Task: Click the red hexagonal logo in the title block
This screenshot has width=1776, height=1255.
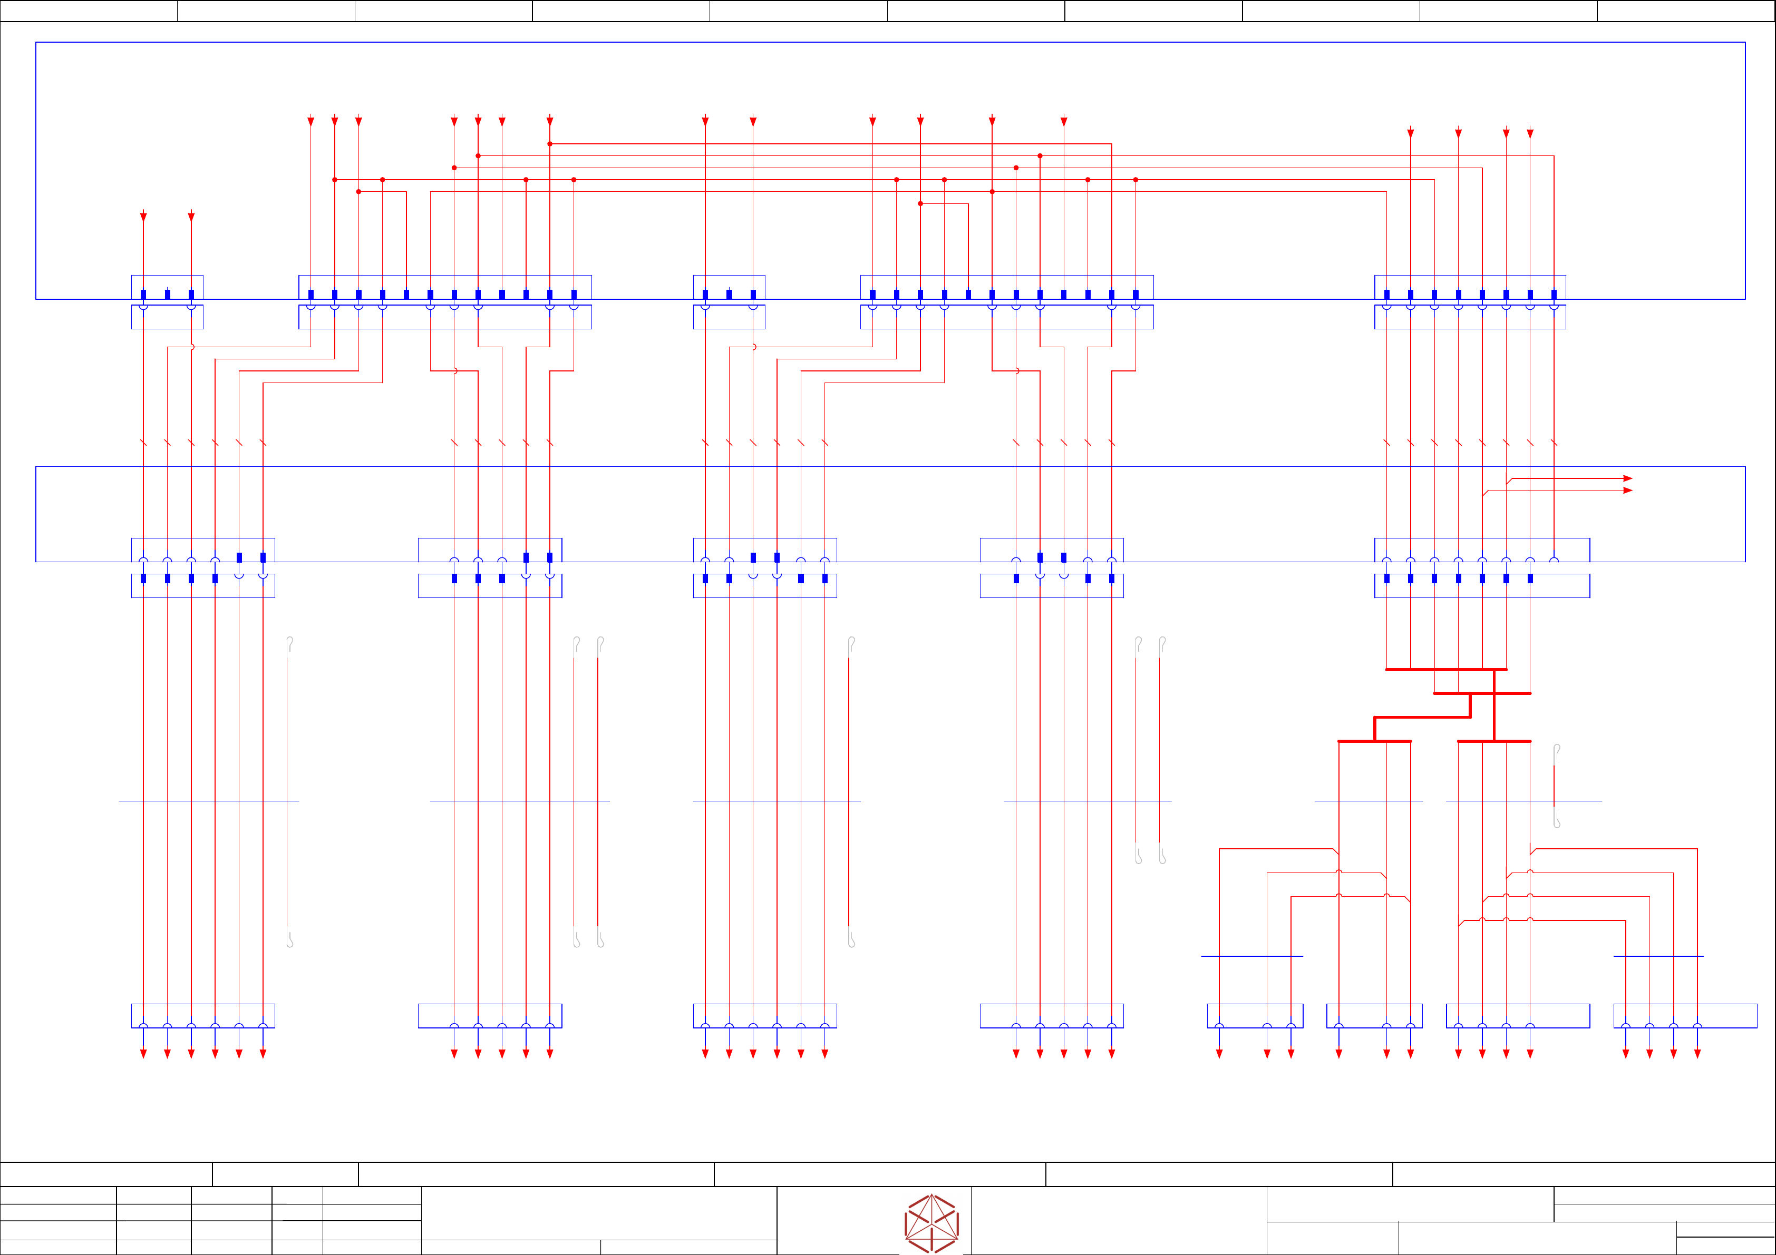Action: click(x=931, y=1223)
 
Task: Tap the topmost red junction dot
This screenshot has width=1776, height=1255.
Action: click(x=550, y=144)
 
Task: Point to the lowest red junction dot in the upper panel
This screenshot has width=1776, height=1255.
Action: click(x=920, y=203)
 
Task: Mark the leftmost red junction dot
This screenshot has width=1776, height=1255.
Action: click(x=335, y=179)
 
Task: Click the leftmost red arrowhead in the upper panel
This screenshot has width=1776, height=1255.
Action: click(x=143, y=217)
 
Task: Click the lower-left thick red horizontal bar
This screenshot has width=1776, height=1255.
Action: click(x=1374, y=741)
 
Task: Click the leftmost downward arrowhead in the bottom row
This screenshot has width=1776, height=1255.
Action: click(x=143, y=1054)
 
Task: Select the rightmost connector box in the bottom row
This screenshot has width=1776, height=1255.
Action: click(x=1685, y=1016)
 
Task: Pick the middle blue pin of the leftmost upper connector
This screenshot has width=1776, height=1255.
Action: click(x=167, y=295)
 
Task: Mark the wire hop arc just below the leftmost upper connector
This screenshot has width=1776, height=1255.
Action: click(x=192, y=347)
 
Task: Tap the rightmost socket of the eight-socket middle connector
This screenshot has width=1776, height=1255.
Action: click(x=1554, y=561)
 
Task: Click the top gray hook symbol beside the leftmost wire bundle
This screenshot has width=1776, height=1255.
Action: click(x=289, y=643)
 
